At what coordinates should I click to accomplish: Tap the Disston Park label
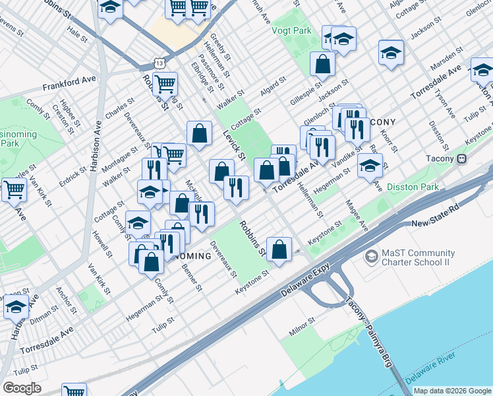pyautogui.click(x=413, y=187)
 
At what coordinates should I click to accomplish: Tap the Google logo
pyautogui.click(x=22, y=388)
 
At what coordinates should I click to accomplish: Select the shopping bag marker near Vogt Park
pyautogui.click(x=322, y=65)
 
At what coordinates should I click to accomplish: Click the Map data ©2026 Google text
pyautogui.click(x=451, y=391)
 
